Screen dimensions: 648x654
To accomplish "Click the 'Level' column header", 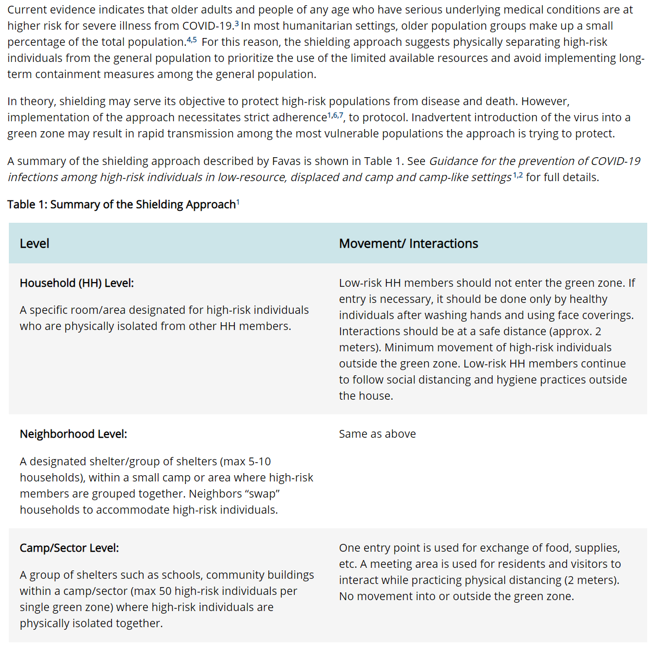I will pyautogui.click(x=34, y=244).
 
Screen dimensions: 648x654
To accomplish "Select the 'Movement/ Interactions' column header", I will pyautogui.click(x=408, y=244).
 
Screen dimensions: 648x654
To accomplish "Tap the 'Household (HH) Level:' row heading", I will pyautogui.click(x=77, y=283).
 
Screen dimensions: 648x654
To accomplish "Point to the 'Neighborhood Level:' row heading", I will pyautogui.click(x=73, y=434).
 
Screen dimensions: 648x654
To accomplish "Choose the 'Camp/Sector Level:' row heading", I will pyautogui.click(x=69, y=548).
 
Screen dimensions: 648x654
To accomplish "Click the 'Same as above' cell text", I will pyautogui.click(x=377, y=434).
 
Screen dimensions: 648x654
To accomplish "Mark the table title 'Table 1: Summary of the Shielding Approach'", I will pyautogui.click(x=121, y=205).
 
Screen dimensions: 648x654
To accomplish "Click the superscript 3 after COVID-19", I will pyautogui.click(x=237, y=23).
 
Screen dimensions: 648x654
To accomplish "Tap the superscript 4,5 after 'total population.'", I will pyautogui.click(x=192, y=40).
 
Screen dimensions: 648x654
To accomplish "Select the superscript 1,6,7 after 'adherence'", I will pyautogui.click(x=335, y=115).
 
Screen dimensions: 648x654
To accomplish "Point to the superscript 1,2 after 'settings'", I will pyautogui.click(x=518, y=175).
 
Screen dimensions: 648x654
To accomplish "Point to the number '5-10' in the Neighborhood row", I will pyautogui.click(x=259, y=462).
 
